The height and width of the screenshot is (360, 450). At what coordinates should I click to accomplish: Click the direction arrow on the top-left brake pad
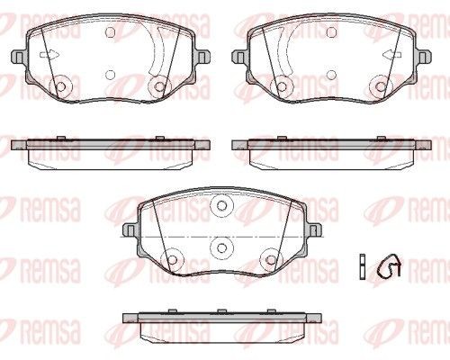click(x=49, y=55)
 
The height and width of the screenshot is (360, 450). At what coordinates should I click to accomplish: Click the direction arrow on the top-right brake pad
click(x=392, y=55)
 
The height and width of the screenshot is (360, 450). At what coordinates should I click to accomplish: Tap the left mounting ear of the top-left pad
click(x=18, y=56)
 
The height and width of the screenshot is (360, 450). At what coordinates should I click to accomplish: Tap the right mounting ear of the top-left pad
click(x=202, y=56)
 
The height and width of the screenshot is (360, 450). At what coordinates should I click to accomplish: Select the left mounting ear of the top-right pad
click(x=238, y=56)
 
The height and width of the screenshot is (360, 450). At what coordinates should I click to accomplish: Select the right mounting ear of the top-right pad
click(x=424, y=56)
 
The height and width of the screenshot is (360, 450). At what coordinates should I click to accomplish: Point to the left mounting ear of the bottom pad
click(x=130, y=230)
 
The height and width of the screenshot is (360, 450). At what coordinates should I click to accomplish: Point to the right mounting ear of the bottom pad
click(x=314, y=230)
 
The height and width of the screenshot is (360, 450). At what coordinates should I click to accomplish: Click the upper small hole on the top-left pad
click(x=111, y=31)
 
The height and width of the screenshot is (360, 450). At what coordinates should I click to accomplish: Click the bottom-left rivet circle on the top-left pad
click(x=61, y=87)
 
